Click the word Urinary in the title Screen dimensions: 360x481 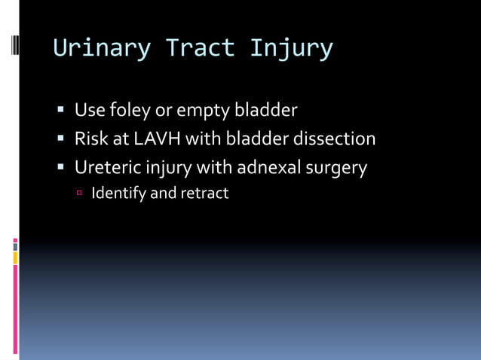tap(102, 48)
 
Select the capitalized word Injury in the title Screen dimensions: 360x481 tap(291, 48)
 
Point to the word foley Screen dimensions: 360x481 tap(130, 111)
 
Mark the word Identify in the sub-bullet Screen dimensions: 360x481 tap(118, 194)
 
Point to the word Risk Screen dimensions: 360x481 tap(90, 139)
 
